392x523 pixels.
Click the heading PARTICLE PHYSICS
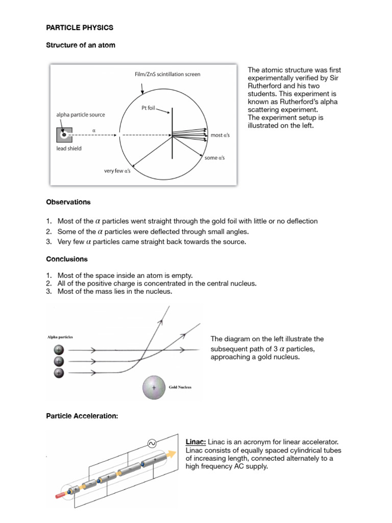pyautogui.click(x=80, y=27)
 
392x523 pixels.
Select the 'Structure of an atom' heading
pyautogui.click(x=81, y=45)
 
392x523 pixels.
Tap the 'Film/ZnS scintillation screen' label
pyautogui.click(x=167, y=75)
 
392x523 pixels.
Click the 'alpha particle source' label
pyautogui.click(x=81, y=115)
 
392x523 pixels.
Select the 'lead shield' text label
pyautogui.click(x=69, y=149)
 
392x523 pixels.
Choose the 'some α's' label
pyautogui.click(x=215, y=158)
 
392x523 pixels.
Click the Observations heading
pyautogui.click(x=68, y=202)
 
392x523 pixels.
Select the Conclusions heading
pyautogui.click(x=67, y=259)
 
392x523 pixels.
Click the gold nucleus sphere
pyautogui.click(x=154, y=388)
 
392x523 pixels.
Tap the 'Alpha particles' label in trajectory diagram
pyautogui.click(x=60, y=338)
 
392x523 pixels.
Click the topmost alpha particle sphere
pyautogui.click(x=59, y=350)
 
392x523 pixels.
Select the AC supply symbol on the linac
pyautogui.click(x=152, y=444)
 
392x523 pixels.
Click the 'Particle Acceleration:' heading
pyautogui.click(x=82, y=417)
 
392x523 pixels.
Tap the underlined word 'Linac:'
pyautogui.click(x=195, y=442)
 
